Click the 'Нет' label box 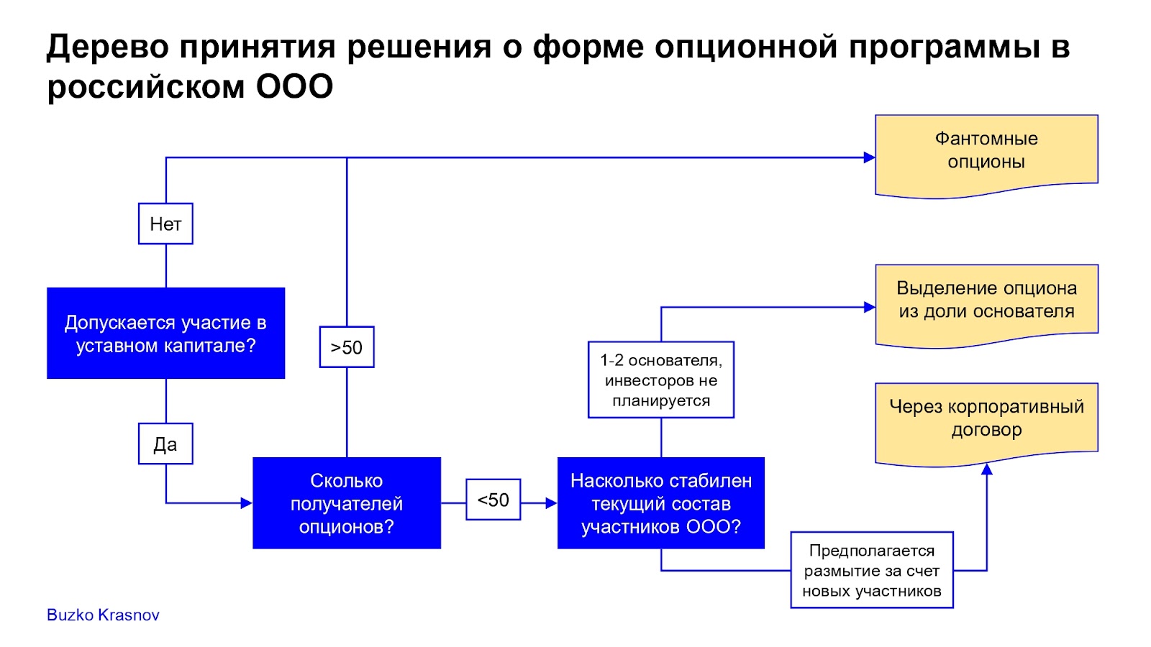tap(165, 224)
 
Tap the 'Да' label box tap(165, 444)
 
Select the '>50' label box tap(347, 347)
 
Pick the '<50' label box tap(493, 500)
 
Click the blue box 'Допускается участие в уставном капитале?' tap(166, 334)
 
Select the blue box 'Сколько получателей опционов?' tap(347, 503)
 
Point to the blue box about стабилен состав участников tap(661, 503)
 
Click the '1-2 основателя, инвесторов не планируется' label tap(661, 380)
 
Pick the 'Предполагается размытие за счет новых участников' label tap(872, 570)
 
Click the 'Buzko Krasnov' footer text tap(103, 615)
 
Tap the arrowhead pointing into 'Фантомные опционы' tap(870, 157)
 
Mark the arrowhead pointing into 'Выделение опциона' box tap(870, 308)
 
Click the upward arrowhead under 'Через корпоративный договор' tap(987, 469)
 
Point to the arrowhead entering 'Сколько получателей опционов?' tap(247, 503)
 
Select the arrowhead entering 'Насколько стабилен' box tap(552, 503)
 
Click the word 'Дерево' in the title tap(108, 47)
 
